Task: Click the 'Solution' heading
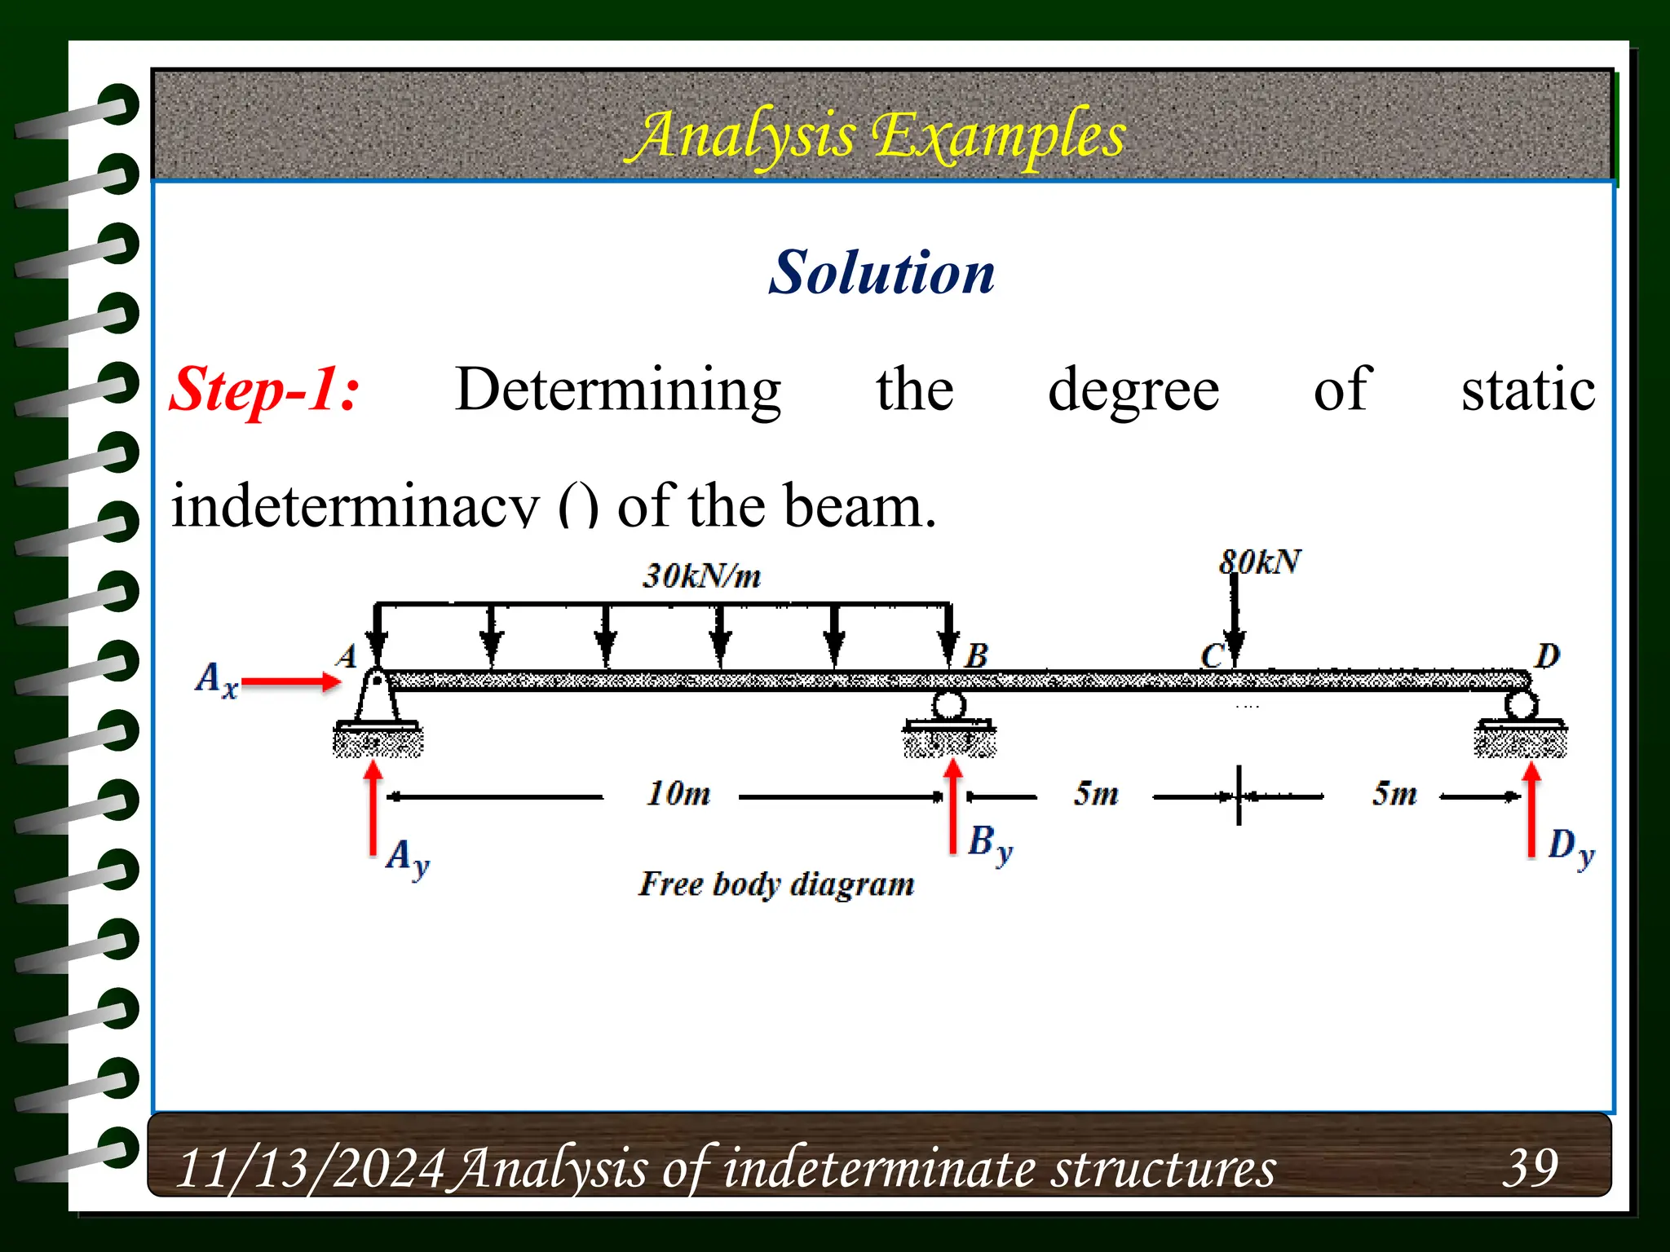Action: coord(881,272)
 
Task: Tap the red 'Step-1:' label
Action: coord(264,390)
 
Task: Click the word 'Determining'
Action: coord(618,390)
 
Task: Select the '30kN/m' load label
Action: coord(701,576)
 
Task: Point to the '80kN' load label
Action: coord(1260,562)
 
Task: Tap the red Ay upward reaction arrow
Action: coord(373,807)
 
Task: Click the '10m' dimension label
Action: coord(678,793)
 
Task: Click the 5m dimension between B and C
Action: coord(1096,793)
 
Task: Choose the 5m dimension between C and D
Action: coord(1394,793)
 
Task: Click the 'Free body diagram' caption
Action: coord(776,884)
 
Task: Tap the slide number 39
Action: coord(1531,1166)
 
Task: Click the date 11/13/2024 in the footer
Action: coord(311,1168)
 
